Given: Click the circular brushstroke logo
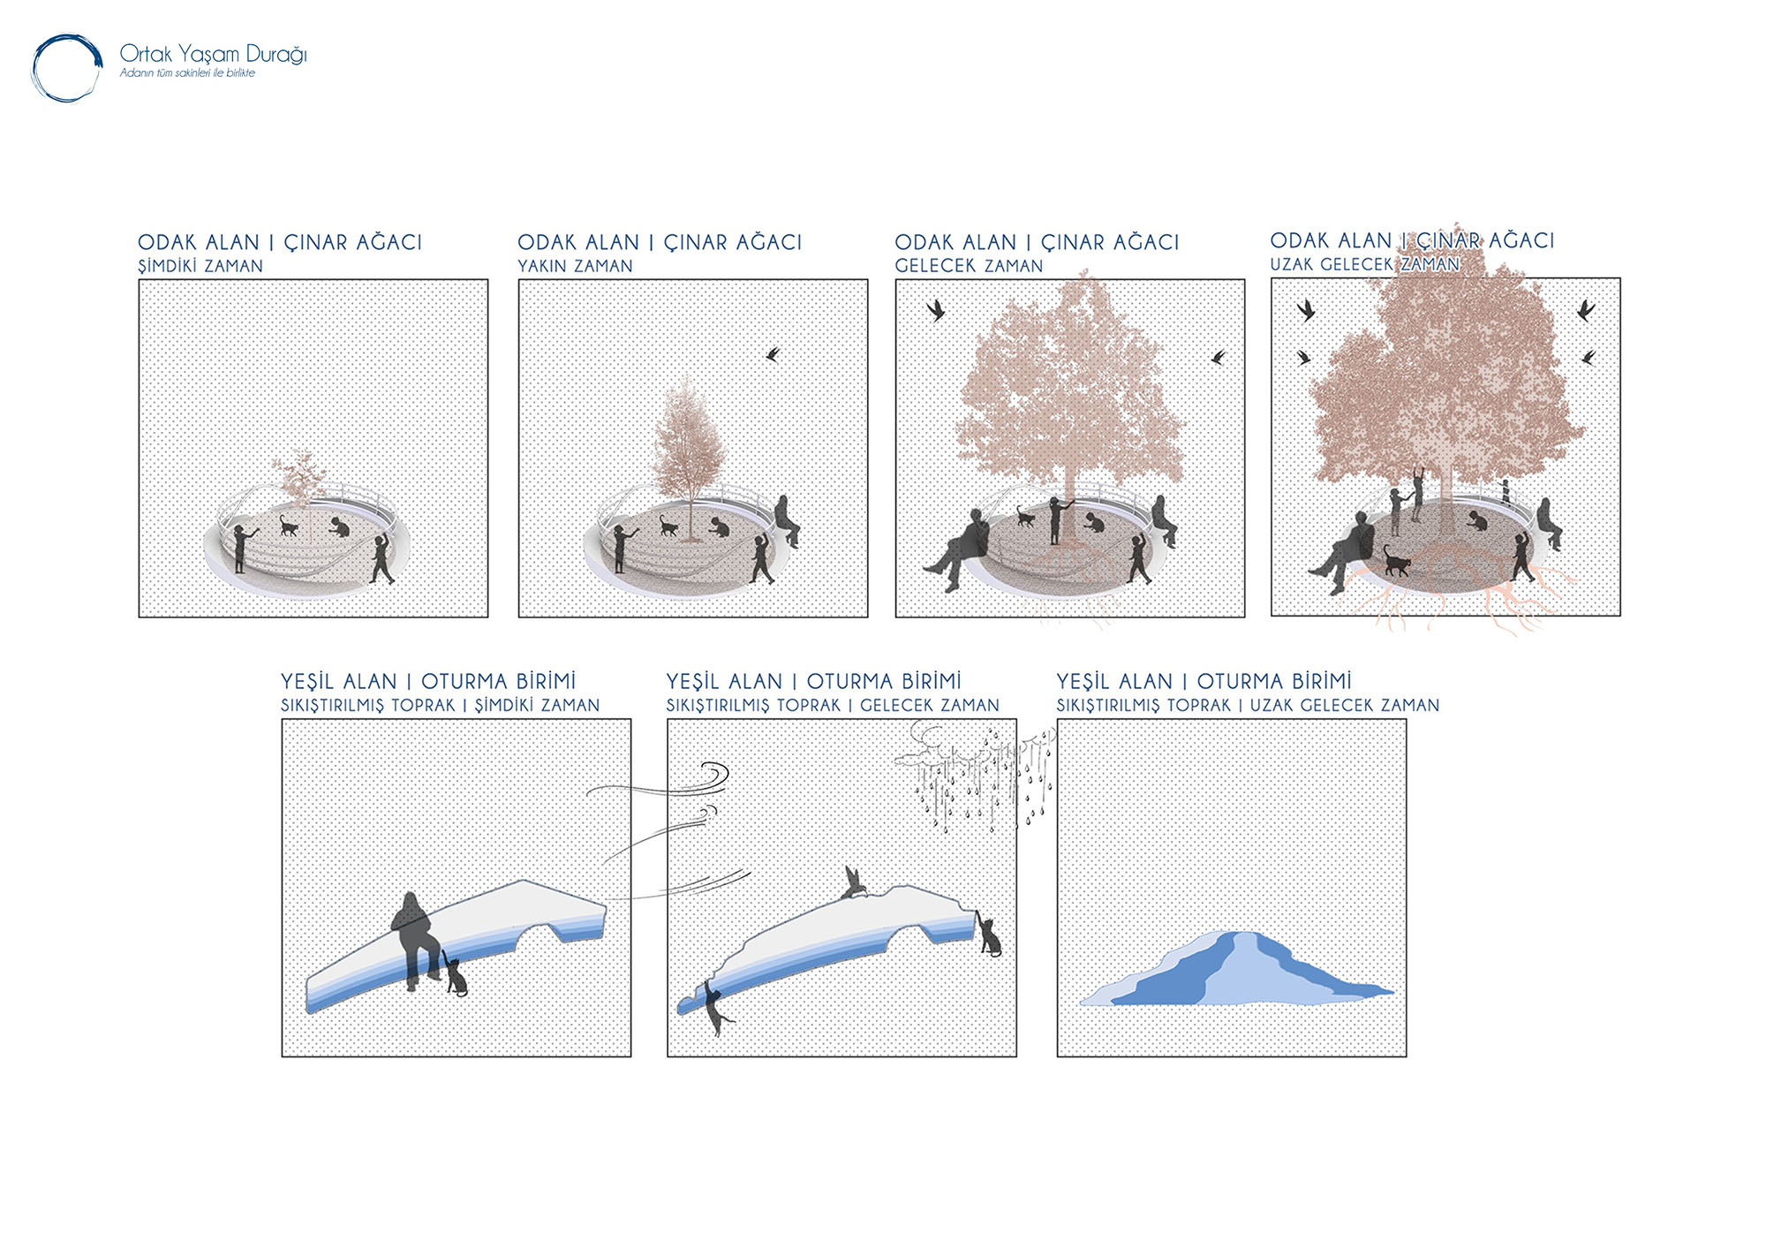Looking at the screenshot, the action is tap(68, 37).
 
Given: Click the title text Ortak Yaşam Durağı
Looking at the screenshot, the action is tap(213, 55).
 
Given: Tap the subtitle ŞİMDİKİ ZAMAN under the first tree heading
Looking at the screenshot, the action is tap(200, 266).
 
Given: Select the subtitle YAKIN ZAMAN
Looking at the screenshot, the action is tap(575, 266).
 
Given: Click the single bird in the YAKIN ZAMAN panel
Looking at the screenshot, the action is tap(774, 354).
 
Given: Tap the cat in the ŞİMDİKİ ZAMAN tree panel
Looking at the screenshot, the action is tap(289, 526).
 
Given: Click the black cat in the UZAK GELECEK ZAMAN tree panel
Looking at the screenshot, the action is tap(1396, 561).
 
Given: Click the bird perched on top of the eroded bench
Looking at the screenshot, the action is tap(853, 882).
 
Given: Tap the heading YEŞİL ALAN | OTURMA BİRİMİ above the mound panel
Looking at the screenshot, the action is tap(1204, 681).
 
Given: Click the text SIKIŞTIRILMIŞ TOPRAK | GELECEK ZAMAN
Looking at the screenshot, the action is tap(833, 706).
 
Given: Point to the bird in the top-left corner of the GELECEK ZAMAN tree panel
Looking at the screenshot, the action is tap(936, 310).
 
